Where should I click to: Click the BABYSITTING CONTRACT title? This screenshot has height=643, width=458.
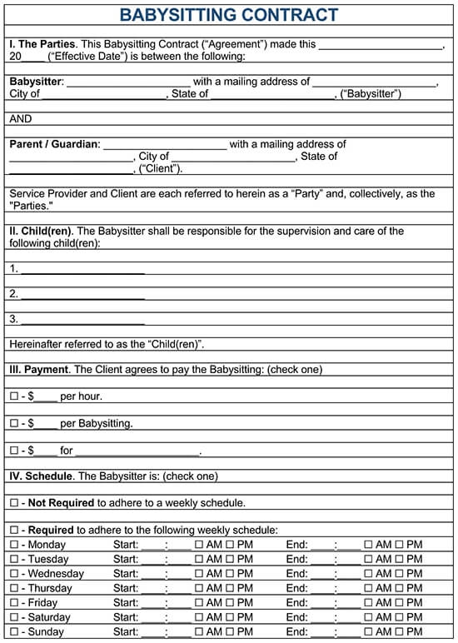coord(229,14)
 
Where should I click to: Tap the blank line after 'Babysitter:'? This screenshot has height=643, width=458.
coord(128,82)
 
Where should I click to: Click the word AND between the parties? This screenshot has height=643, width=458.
coord(21,119)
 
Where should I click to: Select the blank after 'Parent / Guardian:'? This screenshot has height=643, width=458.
coord(164,145)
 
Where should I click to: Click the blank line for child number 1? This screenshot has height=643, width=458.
coord(82,269)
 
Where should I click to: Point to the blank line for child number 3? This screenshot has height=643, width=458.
coord(82,319)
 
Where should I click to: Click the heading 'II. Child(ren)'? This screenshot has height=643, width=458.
coord(41,232)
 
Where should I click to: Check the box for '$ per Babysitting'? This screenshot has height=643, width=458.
coord(13,424)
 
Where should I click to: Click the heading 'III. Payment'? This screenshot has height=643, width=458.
coord(38,369)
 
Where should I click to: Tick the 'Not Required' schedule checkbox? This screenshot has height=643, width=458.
coord(13,503)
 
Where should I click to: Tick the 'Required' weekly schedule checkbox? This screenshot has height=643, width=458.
coord(13,531)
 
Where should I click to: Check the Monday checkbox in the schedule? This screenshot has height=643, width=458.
coord(13,545)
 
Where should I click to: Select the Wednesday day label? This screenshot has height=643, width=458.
coord(56,574)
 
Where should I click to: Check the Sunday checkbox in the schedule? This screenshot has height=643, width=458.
coord(13,632)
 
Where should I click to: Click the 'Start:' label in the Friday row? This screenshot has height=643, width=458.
coord(126,603)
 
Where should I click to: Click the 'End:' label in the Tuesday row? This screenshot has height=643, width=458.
coord(297,560)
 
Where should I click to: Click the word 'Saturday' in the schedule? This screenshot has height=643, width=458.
coord(50,618)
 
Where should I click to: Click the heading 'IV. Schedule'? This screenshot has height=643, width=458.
coord(41,476)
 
